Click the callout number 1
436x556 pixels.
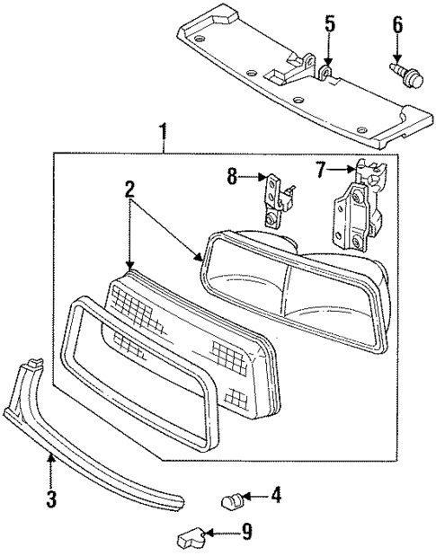coord(164,135)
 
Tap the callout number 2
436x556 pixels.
coord(129,189)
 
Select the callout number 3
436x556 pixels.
coord(52,498)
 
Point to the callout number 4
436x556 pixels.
coord(276,493)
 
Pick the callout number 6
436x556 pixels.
coord(396,25)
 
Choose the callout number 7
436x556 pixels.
coord(321,168)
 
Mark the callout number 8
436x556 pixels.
coord(232,178)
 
